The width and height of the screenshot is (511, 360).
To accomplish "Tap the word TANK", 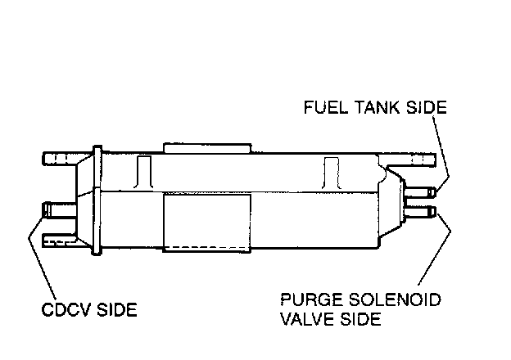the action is coord(372,108).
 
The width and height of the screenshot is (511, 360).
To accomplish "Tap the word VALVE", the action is coord(307,318).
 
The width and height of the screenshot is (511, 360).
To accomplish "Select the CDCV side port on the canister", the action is coord(57,209).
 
